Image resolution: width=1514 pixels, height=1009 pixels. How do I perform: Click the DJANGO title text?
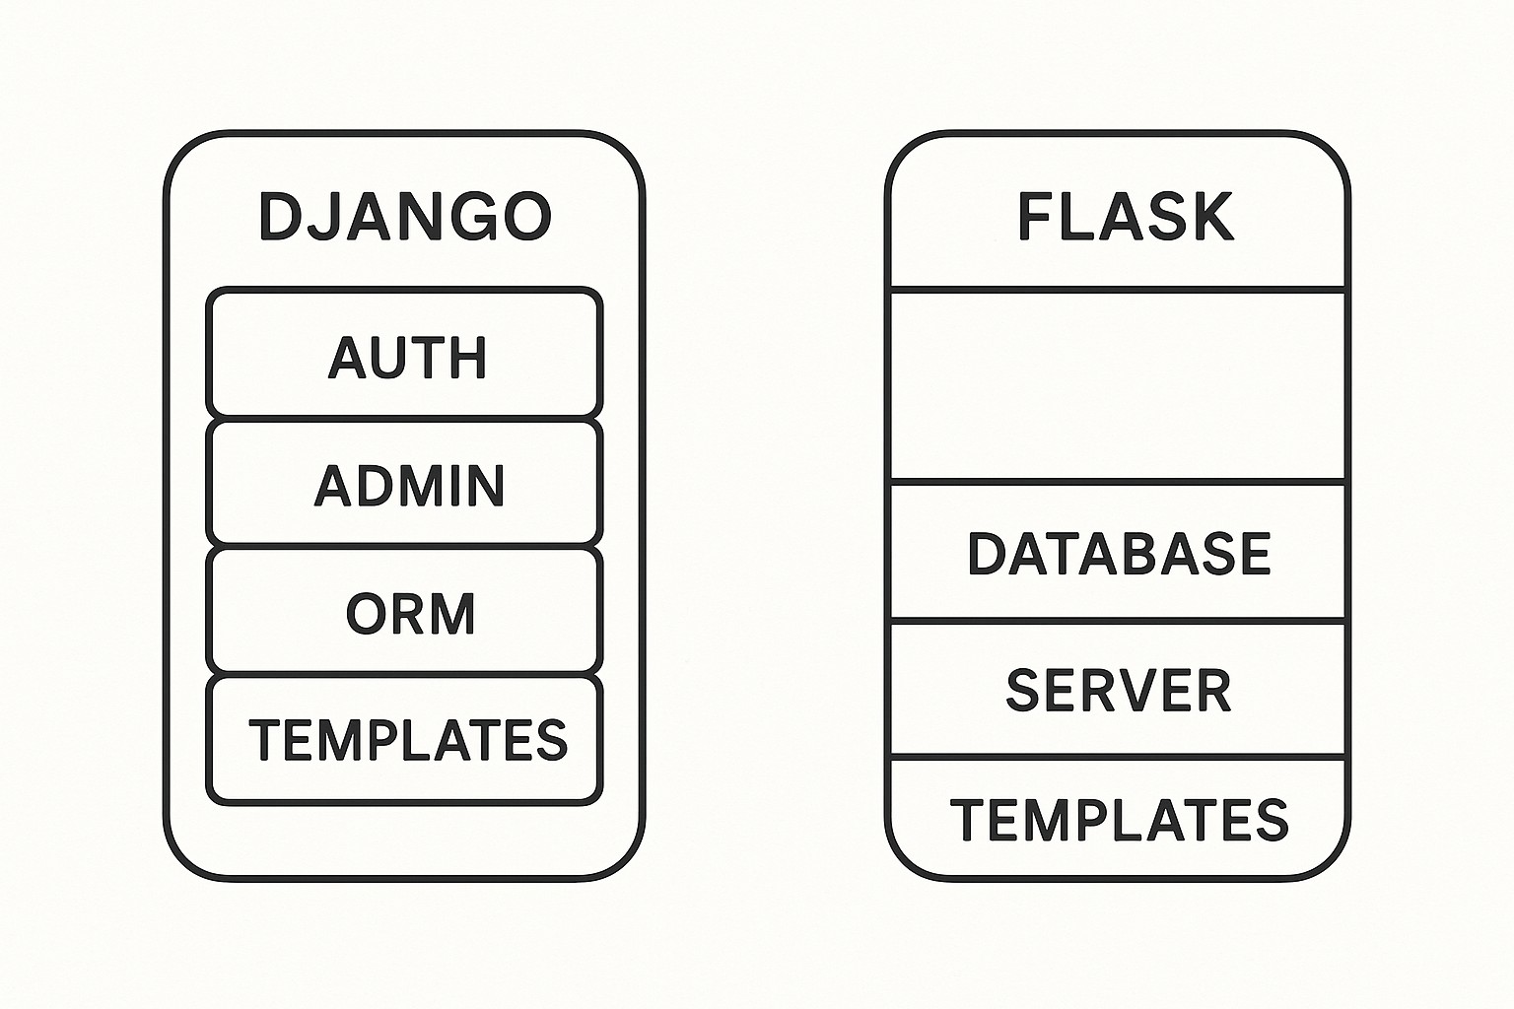click(404, 216)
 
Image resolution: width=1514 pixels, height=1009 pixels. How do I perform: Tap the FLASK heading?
click(1125, 217)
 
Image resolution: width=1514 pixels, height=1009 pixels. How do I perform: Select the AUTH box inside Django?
click(404, 355)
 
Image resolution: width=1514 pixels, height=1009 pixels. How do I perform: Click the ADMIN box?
click(404, 484)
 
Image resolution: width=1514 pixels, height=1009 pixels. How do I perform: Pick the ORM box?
click(404, 612)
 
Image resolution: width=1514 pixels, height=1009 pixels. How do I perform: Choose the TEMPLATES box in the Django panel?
click(404, 740)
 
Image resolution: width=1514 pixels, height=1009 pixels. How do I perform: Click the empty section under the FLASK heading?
click(1118, 385)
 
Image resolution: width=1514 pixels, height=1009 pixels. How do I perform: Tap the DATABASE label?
click(1118, 554)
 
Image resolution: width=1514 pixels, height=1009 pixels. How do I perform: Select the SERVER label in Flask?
click(1118, 690)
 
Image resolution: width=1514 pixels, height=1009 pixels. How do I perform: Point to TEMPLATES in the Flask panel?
click(1118, 820)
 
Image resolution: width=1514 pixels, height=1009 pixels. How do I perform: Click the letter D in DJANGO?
click(279, 216)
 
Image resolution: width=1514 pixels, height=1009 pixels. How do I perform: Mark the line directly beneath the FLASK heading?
click(1118, 289)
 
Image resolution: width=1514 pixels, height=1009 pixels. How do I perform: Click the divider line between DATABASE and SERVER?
click(1118, 621)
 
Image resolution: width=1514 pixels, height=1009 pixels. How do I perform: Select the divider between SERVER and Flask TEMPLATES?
click(1118, 757)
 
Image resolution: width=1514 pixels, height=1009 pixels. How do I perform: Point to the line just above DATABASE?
click(1118, 482)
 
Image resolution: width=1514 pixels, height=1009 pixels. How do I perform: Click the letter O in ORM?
click(366, 613)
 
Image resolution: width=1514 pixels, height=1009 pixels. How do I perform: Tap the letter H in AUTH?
click(468, 356)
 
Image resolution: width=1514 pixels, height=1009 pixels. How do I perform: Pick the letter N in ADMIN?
click(484, 485)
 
